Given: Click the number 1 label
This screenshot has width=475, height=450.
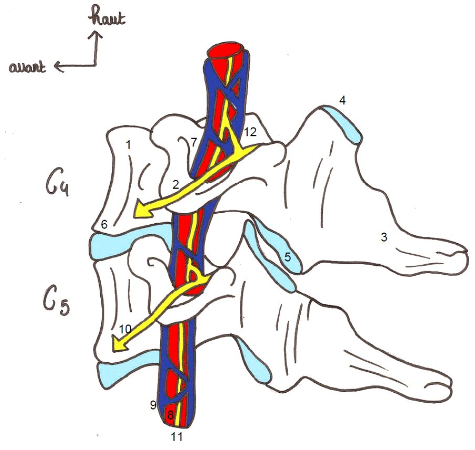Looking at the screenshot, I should click(x=128, y=144).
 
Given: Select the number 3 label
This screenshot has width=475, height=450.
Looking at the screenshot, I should click(x=384, y=237).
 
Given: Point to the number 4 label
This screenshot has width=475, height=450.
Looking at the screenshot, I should click(x=342, y=100).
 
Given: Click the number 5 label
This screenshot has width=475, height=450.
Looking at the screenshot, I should click(x=287, y=257).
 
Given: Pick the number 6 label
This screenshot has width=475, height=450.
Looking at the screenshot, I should click(x=104, y=224).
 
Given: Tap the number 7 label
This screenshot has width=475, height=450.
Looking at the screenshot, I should click(x=193, y=142).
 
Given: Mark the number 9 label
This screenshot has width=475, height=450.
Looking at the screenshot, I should click(x=153, y=405).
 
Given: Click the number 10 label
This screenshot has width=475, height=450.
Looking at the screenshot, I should click(x=125, y=329).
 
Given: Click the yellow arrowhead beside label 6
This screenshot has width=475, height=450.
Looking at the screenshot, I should click(x=141, y=211).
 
